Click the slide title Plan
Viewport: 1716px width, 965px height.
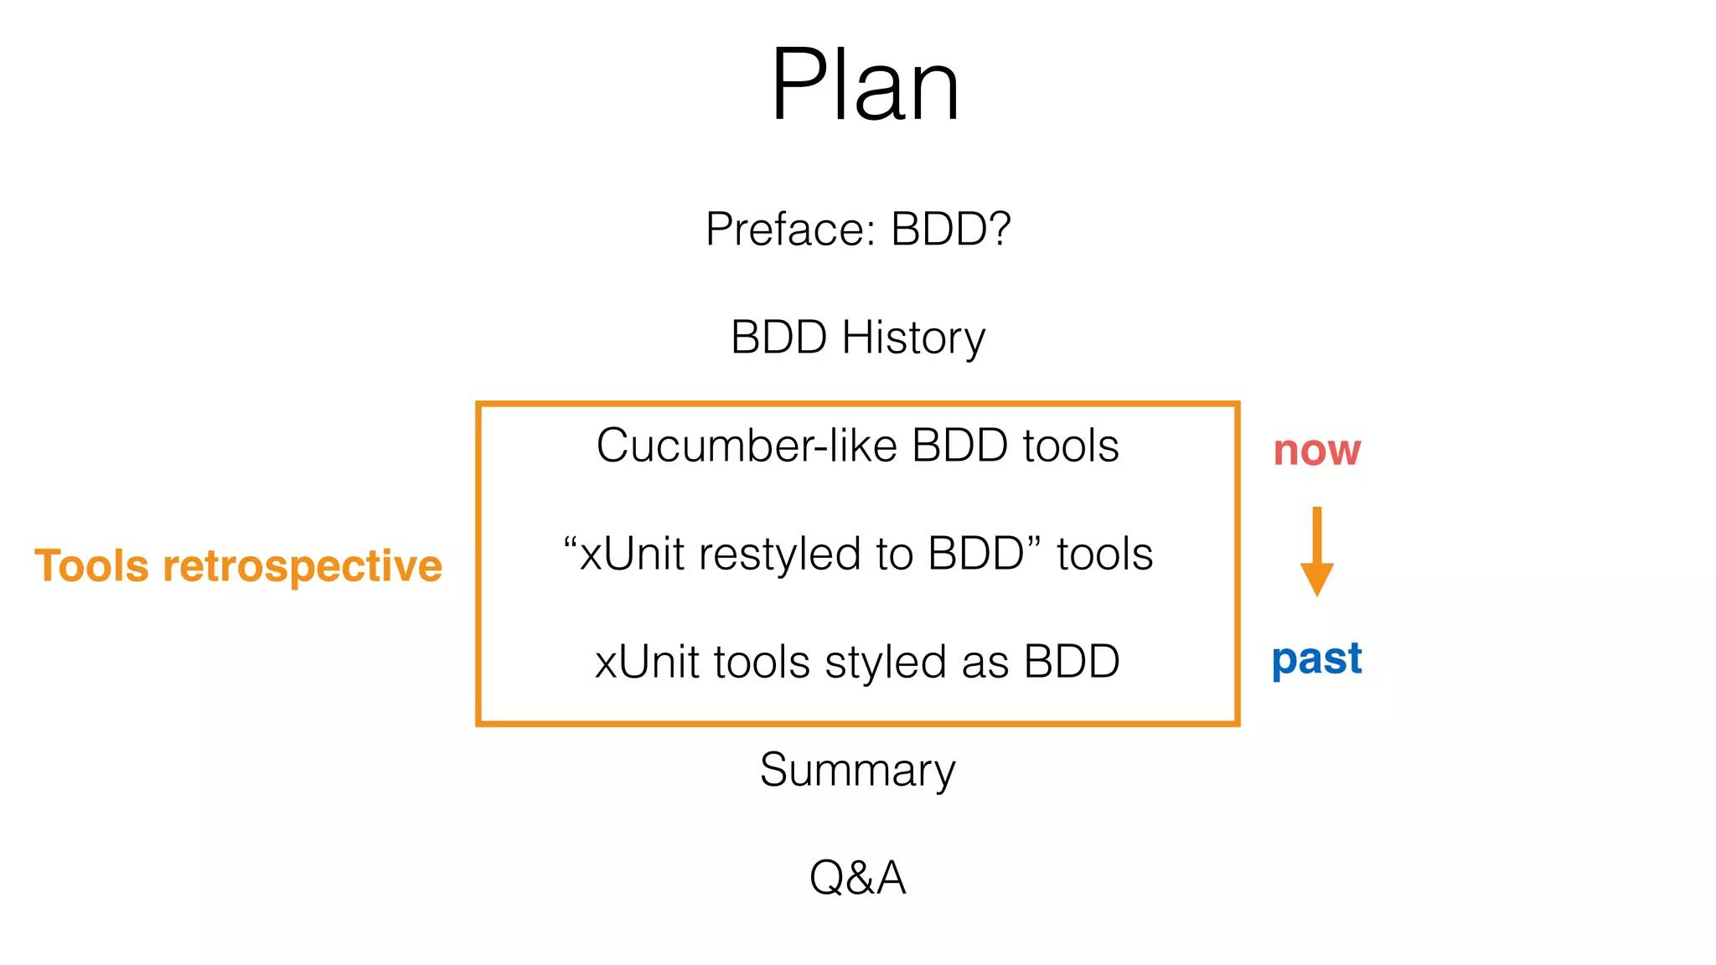(x=864, y=85)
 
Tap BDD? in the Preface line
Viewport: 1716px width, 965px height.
(x=951, y=229)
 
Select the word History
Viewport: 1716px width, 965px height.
(x=913, y=338)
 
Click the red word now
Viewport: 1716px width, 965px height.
(x=1316, y=451)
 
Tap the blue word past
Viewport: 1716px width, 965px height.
(x=1316, y=659)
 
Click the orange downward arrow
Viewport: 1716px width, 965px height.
(x=1316, y=553)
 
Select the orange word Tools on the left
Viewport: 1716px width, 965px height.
(x=91, y=565)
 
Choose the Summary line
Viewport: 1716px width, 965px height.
(x=857, y=771)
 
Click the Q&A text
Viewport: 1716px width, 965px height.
(x=857, y=878)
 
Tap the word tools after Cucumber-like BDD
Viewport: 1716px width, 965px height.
(x=1070, y=446)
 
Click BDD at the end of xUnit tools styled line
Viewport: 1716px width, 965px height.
(x=1072, y=662)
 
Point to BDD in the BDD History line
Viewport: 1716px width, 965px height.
(x=778, y=338)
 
